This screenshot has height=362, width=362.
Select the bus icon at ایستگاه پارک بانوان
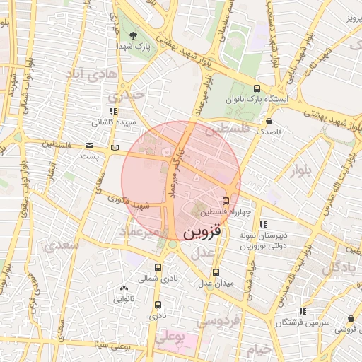click(256, 89)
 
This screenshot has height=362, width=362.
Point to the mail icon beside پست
click(90, 146)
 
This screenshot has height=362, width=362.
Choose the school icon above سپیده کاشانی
click(112, 111)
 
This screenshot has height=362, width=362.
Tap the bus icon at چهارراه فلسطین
click(235, 200)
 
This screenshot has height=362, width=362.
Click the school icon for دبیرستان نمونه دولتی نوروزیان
click(263, 225)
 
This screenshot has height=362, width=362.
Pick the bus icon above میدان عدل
click(216, 272)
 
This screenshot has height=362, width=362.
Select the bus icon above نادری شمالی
click(158, 267)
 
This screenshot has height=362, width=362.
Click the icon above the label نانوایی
click(124, 288)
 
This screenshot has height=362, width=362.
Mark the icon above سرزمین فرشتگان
click(303, 311)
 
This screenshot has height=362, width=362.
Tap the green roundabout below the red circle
click(172, 244)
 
